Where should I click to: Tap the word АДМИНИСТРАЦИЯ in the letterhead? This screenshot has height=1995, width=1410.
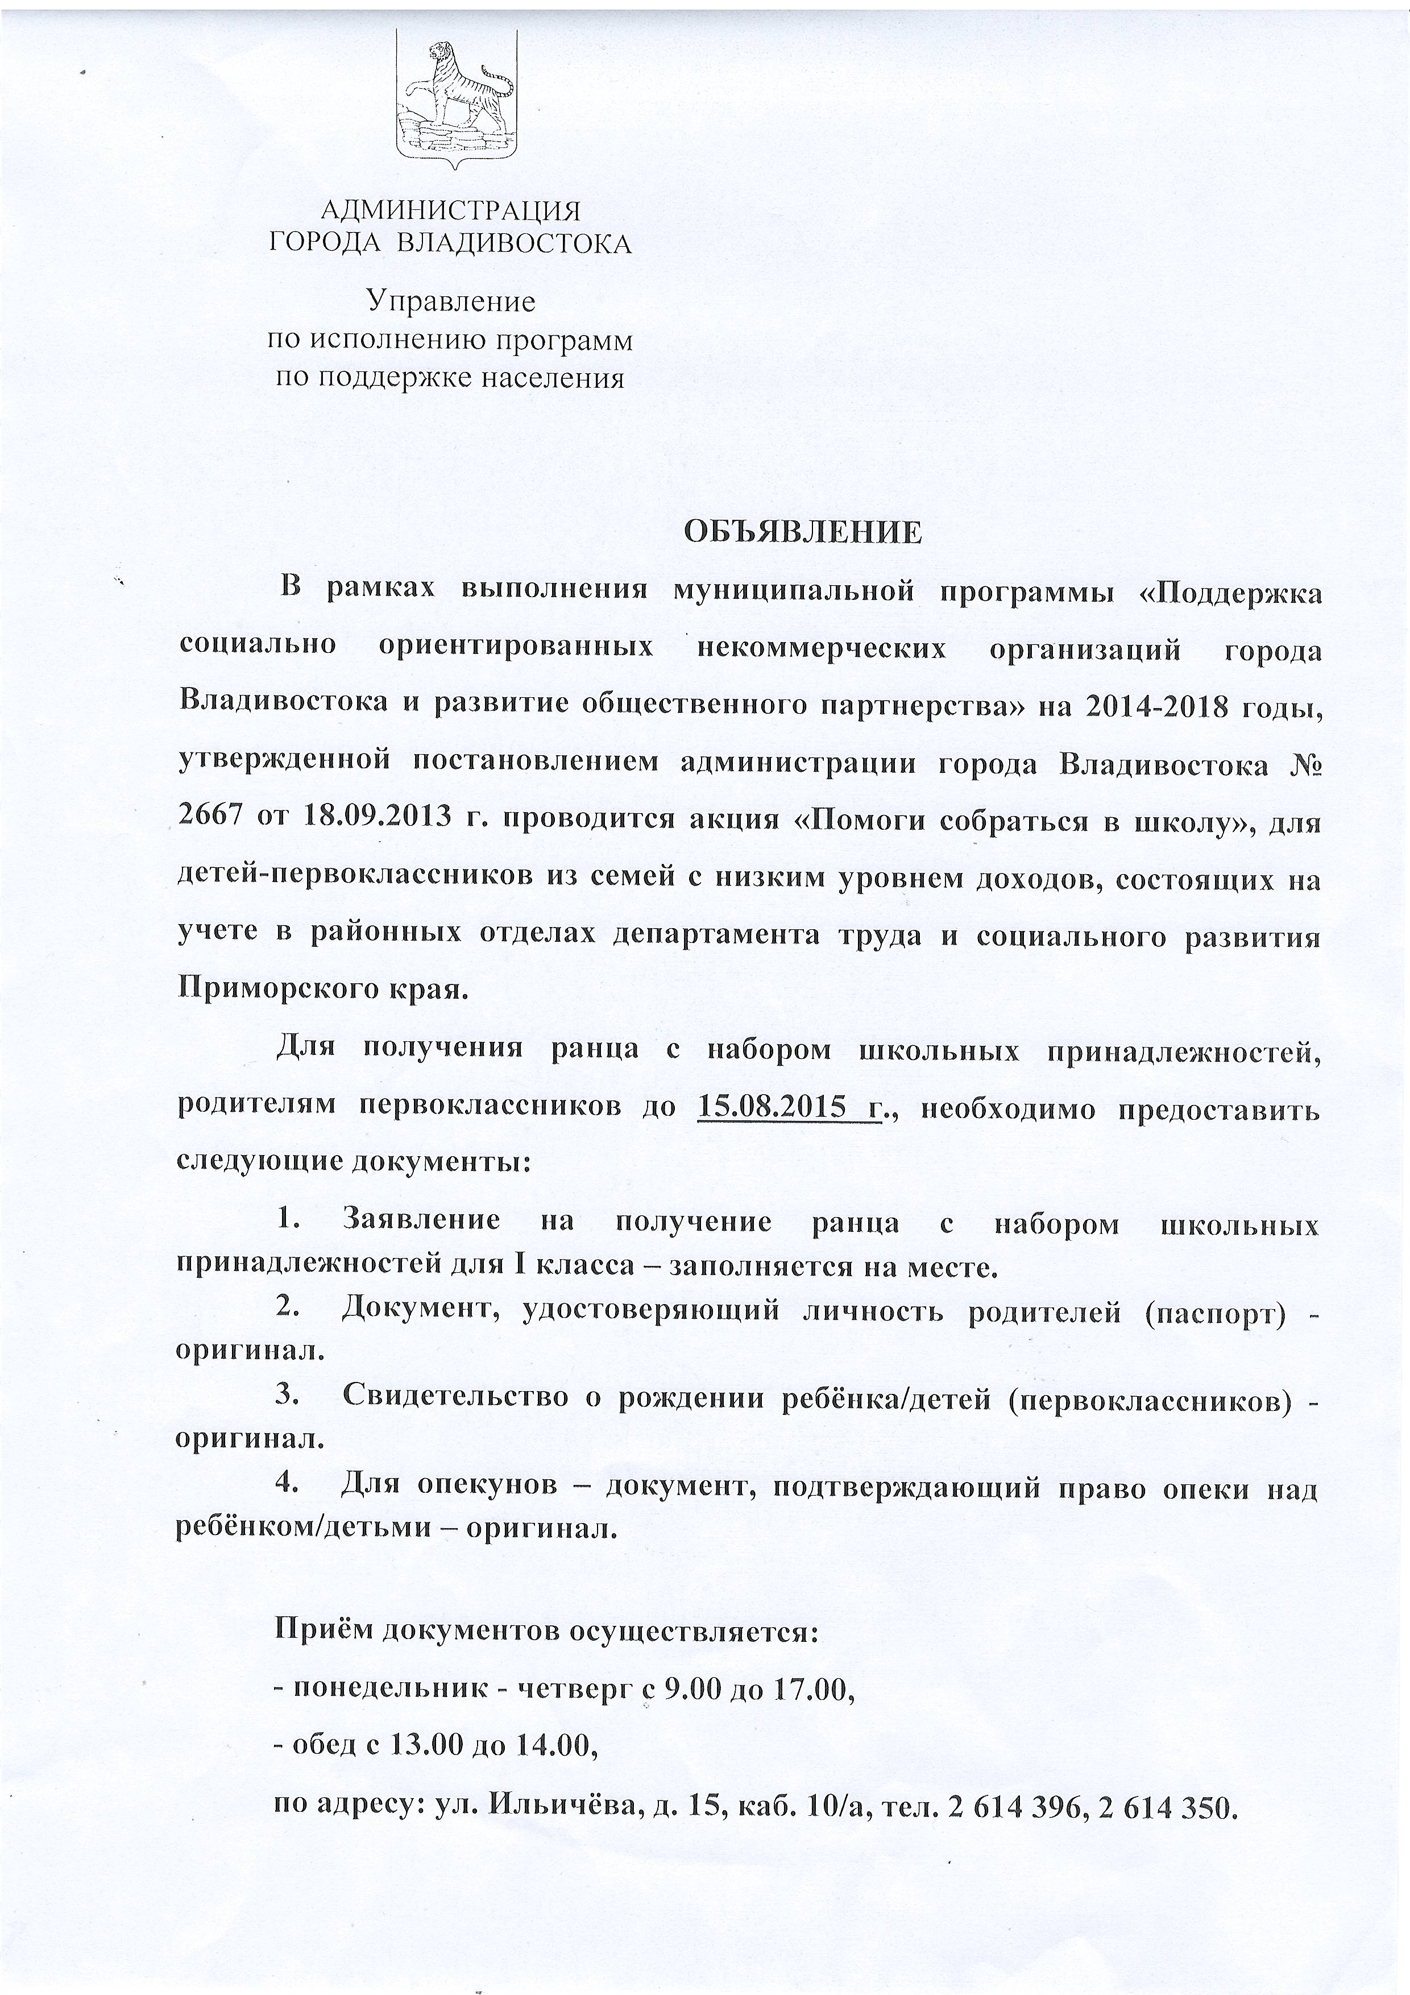coord(450,210)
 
